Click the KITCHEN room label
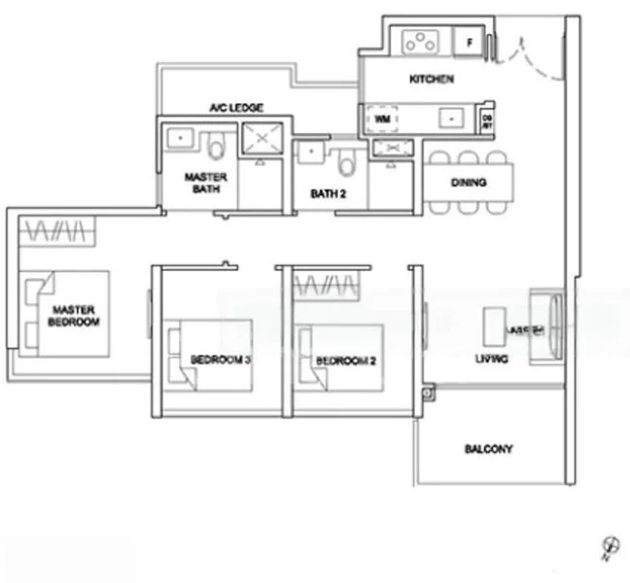point(431,80)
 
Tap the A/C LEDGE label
point(236,108)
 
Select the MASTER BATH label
point(205,183)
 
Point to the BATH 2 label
point(329,193)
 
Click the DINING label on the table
point(468,182)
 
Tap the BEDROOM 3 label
point(221,360)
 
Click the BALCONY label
point(488,449)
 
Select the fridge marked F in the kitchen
point(468,43)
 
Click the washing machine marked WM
point(381,119)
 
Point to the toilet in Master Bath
point(217,145)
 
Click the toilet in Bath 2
point(347,157)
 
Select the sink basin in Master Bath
point(179,138)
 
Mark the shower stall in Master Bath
point(260,140)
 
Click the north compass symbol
point(611,548)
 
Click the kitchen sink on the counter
point(452,118)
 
